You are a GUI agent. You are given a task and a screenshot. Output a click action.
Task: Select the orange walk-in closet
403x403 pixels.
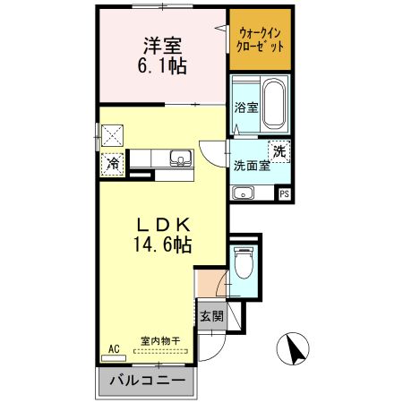[259, 40]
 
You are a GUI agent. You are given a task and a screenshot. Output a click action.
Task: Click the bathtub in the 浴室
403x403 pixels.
[272, 107]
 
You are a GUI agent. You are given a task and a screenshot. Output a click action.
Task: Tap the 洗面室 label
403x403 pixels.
[251, 166]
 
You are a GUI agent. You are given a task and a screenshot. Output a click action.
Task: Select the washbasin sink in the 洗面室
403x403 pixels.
[244, 193]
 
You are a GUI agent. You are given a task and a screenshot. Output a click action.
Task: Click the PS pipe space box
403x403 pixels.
[284, 193]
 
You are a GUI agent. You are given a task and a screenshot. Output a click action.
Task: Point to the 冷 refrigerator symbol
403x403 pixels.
[113, 164]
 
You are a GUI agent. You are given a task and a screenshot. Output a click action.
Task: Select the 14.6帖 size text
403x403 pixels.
[160, 243]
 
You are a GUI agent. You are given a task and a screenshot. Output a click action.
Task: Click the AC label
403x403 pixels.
[113, 348]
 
